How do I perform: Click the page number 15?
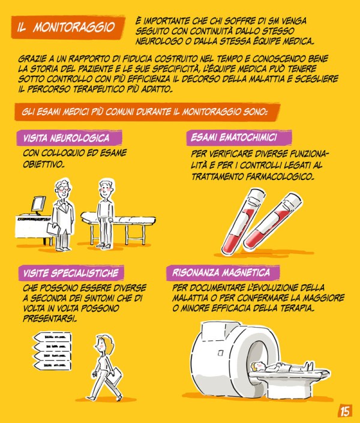coord(344,412)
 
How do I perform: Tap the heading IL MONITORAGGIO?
coord(66,27)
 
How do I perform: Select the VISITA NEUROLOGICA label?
coord(67,138)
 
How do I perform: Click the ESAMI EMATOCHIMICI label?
coord(234,137)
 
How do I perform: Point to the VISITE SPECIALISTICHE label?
coord(71,273)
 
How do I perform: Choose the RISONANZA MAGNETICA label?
coord(221,272)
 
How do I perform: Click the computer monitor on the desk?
coord(38,205)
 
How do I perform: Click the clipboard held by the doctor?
coord(53,229)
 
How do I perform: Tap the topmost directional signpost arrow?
coord(52,337)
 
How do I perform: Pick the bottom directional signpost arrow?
coord(52,365)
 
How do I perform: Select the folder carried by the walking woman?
coord(113,376)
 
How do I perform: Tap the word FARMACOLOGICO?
coord(280,176)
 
